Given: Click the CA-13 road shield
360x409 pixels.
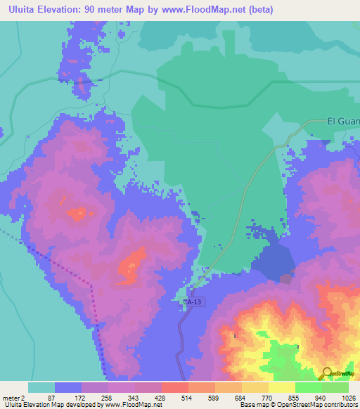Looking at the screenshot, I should click(x=192, y=302).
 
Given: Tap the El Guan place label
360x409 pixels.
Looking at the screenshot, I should click(x=343, y=120).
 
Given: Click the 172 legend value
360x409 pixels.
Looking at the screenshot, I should click(x=82, y=397).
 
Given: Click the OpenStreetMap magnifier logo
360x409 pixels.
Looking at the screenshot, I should click(x=326, y=373).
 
